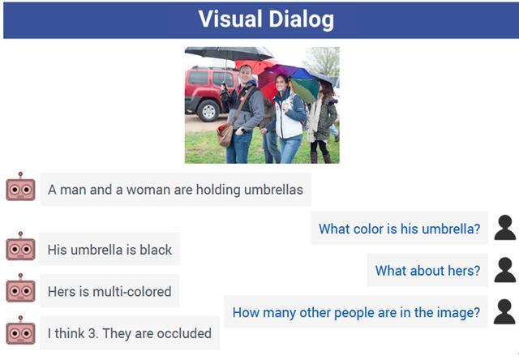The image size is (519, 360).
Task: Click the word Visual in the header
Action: coord(230,19)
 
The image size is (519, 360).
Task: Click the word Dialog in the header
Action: coord(301,20)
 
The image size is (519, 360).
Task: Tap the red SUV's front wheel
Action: coord(208,111)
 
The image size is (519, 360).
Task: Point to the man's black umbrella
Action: coord(229,54)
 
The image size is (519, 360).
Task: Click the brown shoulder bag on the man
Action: coord(225,134)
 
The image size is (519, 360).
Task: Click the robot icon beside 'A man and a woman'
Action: coord(20,186)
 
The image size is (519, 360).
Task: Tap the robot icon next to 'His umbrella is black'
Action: coord(20,246)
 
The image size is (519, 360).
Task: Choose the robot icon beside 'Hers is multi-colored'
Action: coord(20,288)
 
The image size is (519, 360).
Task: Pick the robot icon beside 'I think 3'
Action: coord(20,330)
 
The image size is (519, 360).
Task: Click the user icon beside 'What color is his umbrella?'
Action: coord(504,228)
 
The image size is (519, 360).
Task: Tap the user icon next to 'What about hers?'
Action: coord(504,270)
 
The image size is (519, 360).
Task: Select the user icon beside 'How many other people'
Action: coord(504,311)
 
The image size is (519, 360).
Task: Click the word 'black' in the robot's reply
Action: coord(156,250)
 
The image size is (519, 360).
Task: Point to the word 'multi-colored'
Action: coord(132,292)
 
